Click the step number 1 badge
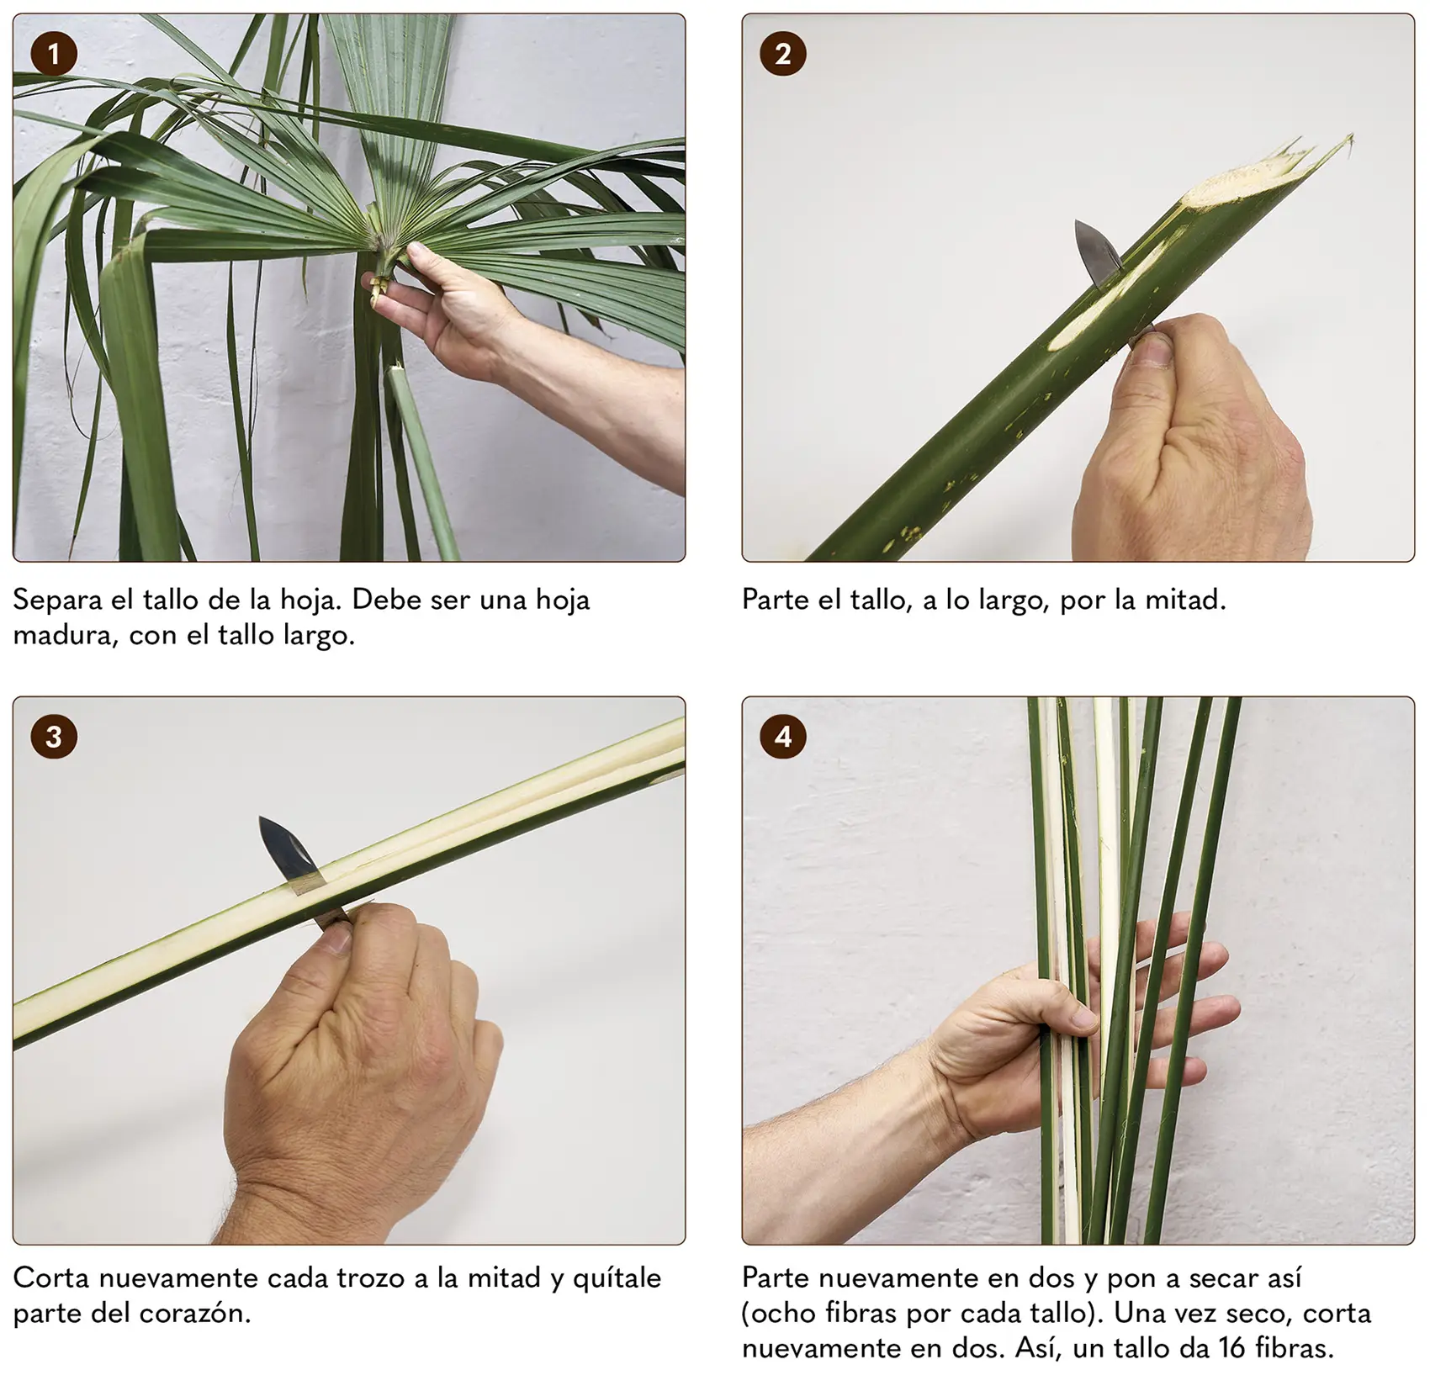tap(54, 55)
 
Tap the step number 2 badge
tap(783, 55)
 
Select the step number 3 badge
tap(54, 738)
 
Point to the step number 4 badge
tap(783, 738)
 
